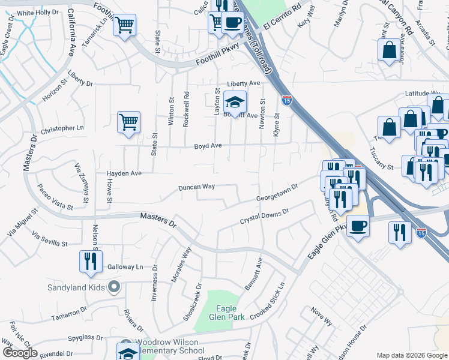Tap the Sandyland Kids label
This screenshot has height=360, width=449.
tap(77, 287)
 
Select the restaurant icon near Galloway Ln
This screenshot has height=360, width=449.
tap(91, 261)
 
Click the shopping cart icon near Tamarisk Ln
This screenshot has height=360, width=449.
tap(125, 25)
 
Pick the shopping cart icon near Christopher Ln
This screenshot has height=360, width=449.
tap(128, 122)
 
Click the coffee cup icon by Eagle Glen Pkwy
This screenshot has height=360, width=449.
tap(358, 226)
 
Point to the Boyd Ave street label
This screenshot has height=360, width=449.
tap(208, 146)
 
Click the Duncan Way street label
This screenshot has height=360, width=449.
tap(197, 187)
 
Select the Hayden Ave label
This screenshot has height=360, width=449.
tap(124, 173)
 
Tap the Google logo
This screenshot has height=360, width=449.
tap(20, 353)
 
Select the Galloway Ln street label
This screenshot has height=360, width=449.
tap(125, 266)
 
